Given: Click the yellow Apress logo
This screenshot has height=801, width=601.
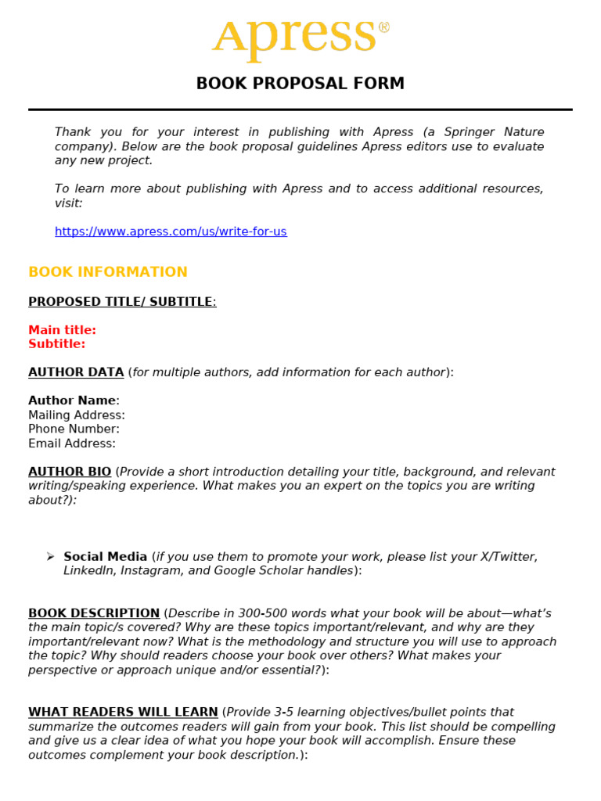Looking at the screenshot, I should point(294,37).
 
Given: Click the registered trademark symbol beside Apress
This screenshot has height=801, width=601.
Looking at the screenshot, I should point(383,27).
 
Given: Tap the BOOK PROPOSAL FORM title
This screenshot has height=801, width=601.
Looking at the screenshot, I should point(300,84).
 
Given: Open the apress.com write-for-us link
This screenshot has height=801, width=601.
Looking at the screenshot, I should point(171,232).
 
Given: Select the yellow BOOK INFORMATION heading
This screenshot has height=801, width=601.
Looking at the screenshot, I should point(108,272).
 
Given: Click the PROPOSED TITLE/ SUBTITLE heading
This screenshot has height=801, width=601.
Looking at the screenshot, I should point(121,302).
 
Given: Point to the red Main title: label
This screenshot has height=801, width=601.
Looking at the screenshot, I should point(63,330).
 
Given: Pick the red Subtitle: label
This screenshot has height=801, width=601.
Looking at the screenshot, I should point(57,344).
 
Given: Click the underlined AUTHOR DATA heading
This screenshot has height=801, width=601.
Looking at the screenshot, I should point(76,372).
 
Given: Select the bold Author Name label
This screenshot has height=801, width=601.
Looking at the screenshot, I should point(72,400).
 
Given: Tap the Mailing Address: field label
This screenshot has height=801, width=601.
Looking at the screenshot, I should point(77,415).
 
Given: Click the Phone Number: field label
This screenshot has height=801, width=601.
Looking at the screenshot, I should point(74,429).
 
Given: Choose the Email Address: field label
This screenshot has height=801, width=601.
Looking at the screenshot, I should point(72,444).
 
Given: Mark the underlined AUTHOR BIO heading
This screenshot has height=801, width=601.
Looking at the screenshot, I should point(70,472).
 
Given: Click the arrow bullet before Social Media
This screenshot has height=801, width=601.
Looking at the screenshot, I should point(50,556).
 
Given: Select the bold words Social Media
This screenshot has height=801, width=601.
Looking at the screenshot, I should point(106,557).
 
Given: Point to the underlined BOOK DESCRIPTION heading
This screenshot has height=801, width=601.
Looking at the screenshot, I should point(94,613).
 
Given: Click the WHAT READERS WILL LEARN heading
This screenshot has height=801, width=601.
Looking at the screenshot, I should point(123,712).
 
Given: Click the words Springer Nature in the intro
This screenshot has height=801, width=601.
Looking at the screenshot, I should point(494,132).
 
